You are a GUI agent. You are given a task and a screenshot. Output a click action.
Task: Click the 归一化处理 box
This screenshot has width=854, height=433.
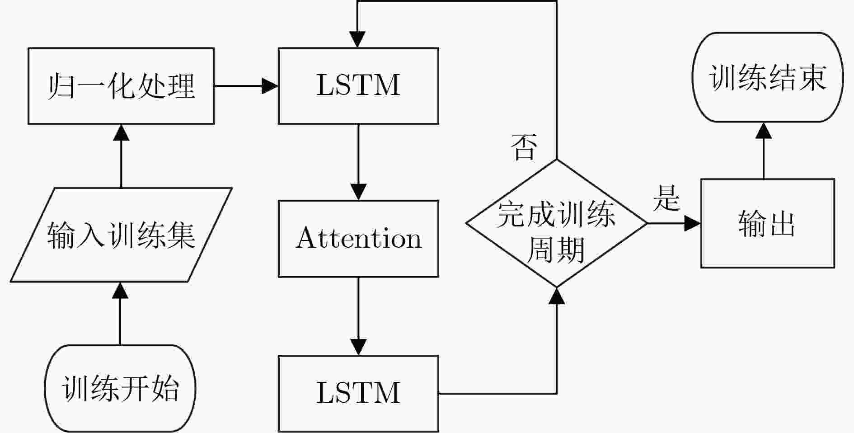tap(121, 86)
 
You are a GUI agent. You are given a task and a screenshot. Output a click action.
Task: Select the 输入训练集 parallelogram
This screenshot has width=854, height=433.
tap(121, 235)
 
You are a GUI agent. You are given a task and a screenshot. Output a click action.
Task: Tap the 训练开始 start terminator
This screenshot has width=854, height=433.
tap(120, 388)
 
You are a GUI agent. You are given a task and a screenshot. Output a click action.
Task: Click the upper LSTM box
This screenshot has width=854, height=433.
tap(358, 86)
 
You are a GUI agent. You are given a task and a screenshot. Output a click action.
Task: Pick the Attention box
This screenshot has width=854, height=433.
tap(358, 239)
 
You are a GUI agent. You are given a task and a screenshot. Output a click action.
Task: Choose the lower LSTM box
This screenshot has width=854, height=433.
tap(358, 393)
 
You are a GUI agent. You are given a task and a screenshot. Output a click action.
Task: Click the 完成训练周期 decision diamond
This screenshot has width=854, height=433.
tap(557, 223)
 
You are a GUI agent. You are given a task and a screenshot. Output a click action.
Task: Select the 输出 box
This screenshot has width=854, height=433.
tap(768, 223)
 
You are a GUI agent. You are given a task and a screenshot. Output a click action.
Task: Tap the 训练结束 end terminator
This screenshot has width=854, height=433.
tap(768, 77)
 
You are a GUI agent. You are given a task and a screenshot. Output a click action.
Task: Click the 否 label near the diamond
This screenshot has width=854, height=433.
tap(524, 147)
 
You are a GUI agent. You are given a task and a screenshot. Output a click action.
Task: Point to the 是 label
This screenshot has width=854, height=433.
tap(666, 198)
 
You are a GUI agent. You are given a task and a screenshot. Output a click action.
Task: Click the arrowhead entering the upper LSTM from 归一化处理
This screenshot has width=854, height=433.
tap(270, 86)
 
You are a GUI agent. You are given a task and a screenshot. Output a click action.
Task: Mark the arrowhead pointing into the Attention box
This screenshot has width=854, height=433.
tap(358, 192)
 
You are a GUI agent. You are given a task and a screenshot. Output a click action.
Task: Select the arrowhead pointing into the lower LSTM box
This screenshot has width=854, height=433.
tap(358, 348)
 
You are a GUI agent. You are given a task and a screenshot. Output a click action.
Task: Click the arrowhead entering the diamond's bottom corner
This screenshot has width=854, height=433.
tap(557, 296)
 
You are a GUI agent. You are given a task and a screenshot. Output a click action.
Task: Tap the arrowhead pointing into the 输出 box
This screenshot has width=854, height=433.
tap(693, 223)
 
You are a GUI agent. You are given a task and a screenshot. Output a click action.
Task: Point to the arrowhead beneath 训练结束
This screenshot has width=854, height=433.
tap(764, 131)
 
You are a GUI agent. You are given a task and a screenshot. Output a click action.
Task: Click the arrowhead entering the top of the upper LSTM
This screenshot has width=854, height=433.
tap(357, 40)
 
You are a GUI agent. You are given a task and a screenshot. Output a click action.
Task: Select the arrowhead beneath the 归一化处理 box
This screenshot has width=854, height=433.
tap(121, 132)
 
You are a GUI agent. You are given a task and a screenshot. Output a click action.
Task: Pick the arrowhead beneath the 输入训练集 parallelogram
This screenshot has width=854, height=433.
tap(120, 291)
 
